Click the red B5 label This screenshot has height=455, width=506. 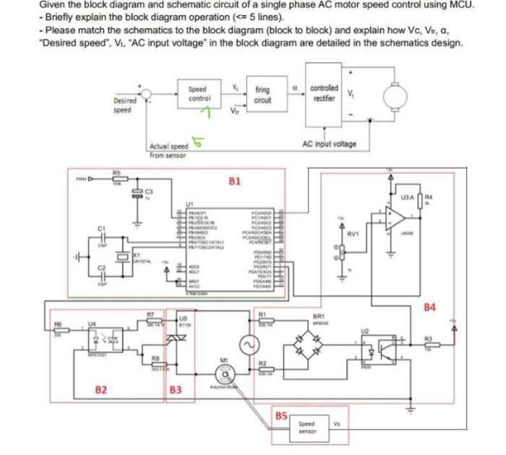point(281,416)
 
